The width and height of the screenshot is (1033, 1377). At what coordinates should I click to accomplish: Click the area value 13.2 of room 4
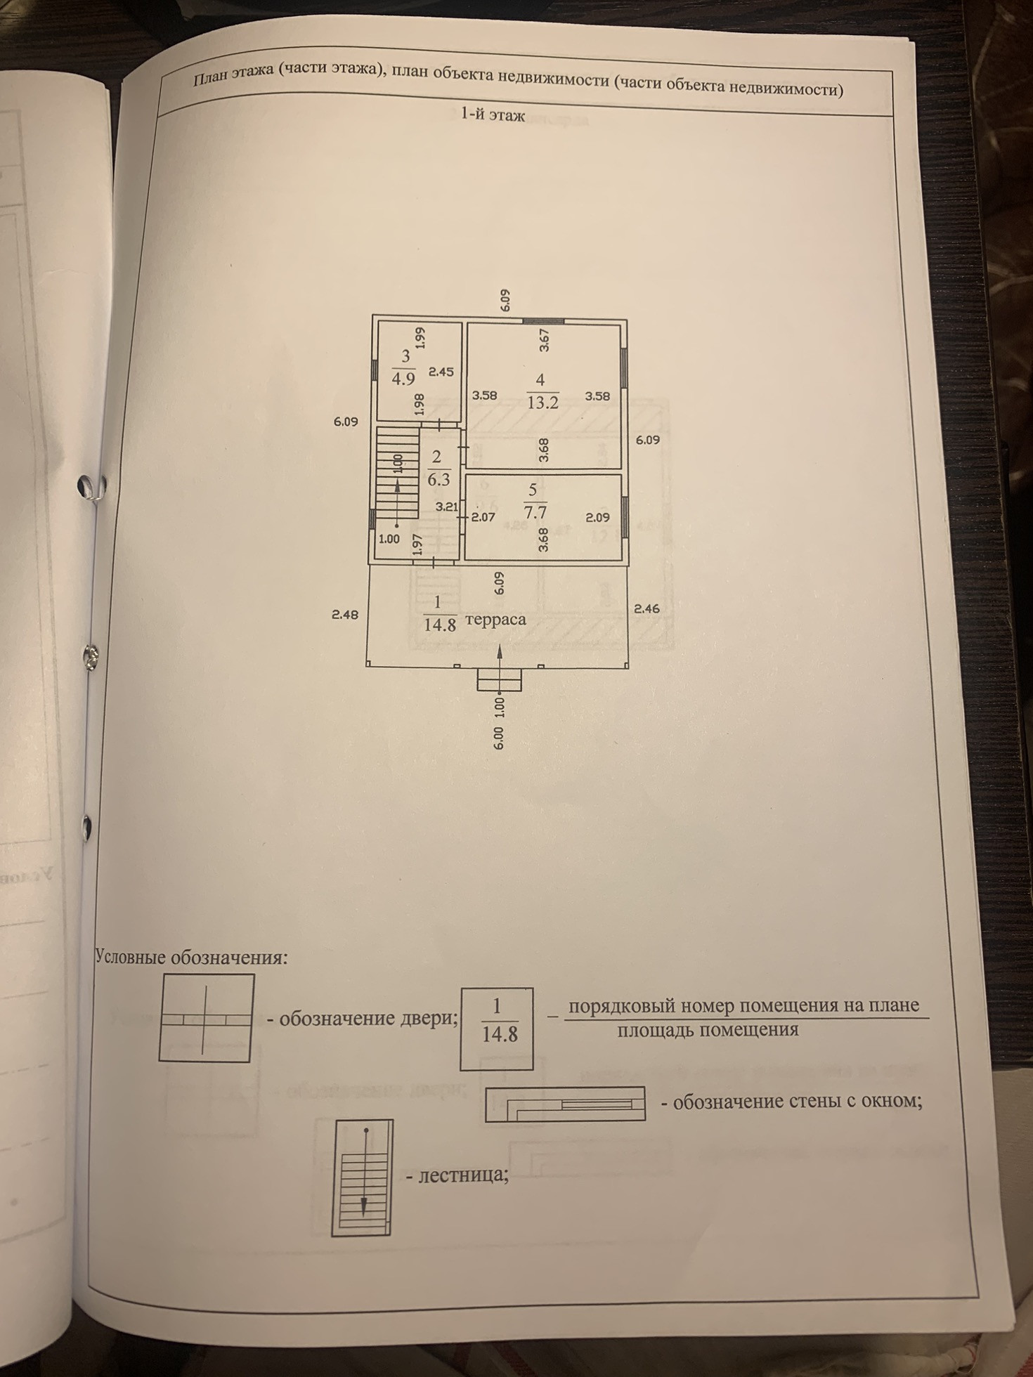(543, 403)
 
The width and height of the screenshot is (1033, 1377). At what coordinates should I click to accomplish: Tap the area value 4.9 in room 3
(403, 379)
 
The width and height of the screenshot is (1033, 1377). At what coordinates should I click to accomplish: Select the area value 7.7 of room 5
(535, 512)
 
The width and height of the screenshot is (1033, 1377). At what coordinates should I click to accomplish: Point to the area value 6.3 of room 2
(438, 480)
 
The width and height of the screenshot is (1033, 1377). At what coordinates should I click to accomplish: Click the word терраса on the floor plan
(495, 620)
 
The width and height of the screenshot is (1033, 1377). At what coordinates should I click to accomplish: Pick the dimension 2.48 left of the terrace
(345, 614)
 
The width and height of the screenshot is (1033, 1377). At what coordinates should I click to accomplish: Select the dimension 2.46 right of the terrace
(647, 608)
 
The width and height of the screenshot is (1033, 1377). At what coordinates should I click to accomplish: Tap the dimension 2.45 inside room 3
(441, 372)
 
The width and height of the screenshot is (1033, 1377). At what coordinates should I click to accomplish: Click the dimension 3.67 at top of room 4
(544, 340)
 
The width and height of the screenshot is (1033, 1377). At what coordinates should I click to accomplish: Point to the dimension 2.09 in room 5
(597, 517)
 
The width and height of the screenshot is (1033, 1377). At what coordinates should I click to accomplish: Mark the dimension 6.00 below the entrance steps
(498, 738)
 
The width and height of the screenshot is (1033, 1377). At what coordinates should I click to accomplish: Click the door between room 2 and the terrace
(434, 561)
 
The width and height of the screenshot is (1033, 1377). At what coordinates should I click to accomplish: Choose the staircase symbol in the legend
(363, 1176)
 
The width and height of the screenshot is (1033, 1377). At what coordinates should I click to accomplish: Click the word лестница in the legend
(462, 1174)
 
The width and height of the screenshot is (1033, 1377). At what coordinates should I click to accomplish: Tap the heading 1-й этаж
(493, 115)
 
